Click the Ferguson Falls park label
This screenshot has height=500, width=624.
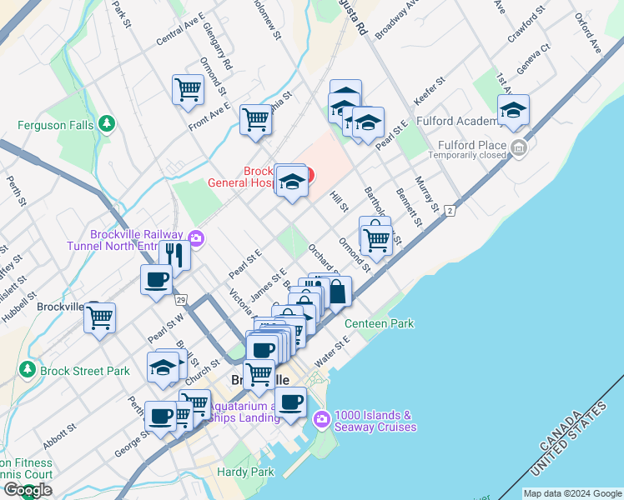(57, 126)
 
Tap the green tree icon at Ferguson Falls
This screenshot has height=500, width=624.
(106, 125)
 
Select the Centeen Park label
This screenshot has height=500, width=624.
(380, 322)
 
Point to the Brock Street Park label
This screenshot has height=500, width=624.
(84, 371)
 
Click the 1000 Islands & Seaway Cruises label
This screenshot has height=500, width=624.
(375, 421)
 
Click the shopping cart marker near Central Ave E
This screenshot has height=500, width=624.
(188, 88)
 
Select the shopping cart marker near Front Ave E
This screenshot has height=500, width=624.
(255, 118)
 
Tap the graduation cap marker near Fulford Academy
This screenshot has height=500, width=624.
(513, 109)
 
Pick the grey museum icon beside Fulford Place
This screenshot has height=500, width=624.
(519, 148)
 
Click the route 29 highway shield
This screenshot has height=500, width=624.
(180, 298)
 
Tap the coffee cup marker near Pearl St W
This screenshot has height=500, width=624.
(155, 279)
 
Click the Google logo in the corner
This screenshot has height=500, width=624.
(28, 490)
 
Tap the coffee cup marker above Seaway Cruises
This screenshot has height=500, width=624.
(290, 402)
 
